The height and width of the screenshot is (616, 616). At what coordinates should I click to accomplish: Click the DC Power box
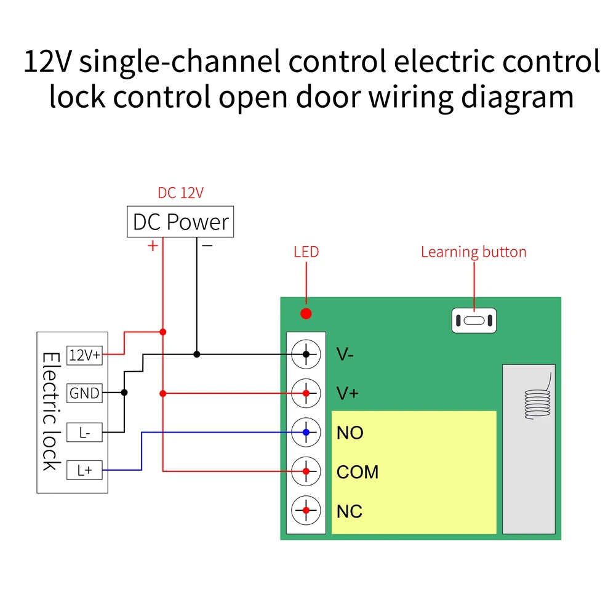pyautogui.click(x=180, y=222)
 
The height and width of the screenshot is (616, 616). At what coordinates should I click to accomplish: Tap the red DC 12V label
pyautogui.click(x=180, y=193)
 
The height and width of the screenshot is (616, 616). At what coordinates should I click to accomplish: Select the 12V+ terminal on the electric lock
pyautogui.click(x=84, y=355)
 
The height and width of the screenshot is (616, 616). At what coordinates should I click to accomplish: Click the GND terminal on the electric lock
pyautogui.click(x=84, y=393)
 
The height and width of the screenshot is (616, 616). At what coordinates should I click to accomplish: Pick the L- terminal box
pyautogui.click(x=84, y=433)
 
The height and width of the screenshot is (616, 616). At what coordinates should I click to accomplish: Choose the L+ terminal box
pyautogui.click(x=84, y=471)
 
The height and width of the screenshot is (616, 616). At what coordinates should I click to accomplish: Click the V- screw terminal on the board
pyautogui.click(x=306, y=354)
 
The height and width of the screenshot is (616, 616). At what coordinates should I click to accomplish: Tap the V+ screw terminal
pyautogui.click(x=306, y=393)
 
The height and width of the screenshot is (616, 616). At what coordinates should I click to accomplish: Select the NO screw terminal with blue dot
pyautogui.click(x=306, y=433)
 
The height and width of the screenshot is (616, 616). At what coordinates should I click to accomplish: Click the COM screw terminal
pyautogui.click(x=306, y=472)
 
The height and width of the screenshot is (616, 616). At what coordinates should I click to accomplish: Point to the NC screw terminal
pyautogui.click(x=306, y=511)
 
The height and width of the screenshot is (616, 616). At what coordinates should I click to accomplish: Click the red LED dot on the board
pyautogui.click(x=306, y=314)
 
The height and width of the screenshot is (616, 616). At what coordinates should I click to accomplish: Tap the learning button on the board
pyautogui.click(x=474, y=321)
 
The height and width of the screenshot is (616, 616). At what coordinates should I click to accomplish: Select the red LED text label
pyautogui.click(x=306, y=252)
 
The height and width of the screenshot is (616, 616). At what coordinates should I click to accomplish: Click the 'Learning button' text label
pyautogui.click(x=473, y=252)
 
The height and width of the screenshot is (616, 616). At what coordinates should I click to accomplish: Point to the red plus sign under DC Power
pyautogui.click(x=152, y=246)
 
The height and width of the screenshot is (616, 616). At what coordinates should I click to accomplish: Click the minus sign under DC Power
pyautogui.click(x=207, y=246)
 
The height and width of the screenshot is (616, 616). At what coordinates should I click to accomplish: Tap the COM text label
pyautogui.click(x=358, y=472)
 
